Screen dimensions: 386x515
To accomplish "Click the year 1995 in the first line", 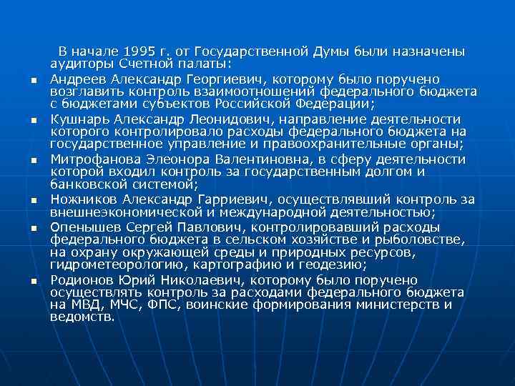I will click(x=139, y=52).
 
